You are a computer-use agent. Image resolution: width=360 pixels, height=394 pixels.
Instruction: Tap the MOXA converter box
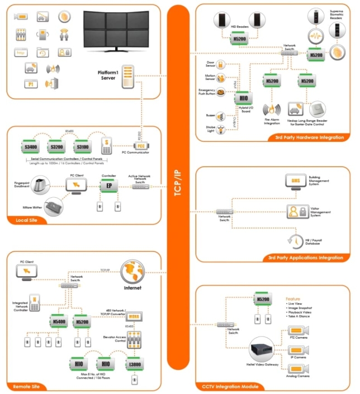(135, 317)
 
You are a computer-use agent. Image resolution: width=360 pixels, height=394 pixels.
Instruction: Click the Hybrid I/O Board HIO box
(243, 98)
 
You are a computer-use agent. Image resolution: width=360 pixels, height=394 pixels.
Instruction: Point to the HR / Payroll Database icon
(295, 240)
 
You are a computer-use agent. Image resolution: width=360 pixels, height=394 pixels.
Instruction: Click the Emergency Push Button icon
(220, 92)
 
